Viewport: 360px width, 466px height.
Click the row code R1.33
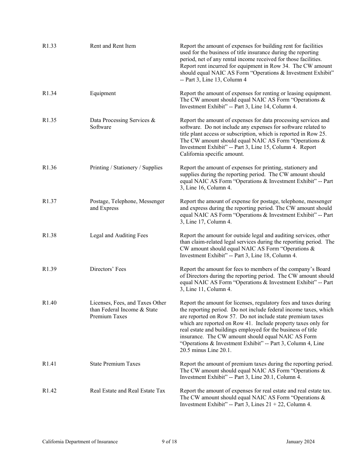(49, 46)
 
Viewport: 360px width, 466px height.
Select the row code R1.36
(49, 167)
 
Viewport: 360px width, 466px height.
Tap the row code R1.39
(49, 269)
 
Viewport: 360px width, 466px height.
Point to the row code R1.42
(49, 391)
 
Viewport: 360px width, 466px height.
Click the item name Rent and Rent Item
(113, 46)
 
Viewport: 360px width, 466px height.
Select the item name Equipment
(103, 93)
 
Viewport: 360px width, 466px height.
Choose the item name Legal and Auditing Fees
(119, 235)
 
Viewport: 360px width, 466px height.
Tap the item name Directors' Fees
(108, 269)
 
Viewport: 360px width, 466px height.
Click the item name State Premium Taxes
(115, 364)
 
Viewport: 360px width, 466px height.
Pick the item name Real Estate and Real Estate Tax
(127, 391)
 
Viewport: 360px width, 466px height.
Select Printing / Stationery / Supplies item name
(126, 167)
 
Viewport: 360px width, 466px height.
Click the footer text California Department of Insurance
(80, 441)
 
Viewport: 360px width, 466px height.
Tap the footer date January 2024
(300, 441)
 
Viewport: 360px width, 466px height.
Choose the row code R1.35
(49, 120)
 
